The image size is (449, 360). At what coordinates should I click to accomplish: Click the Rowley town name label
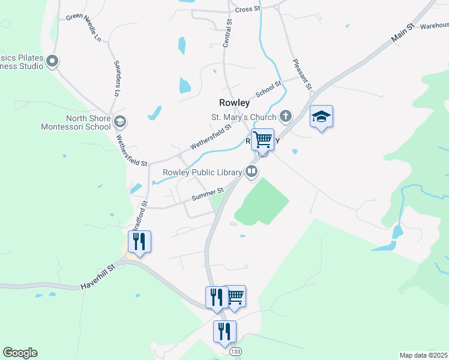(234, 103)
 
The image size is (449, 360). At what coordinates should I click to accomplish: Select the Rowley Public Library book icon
(252, 173)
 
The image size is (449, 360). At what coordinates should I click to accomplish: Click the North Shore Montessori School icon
(120, 122)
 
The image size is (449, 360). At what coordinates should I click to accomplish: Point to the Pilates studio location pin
(52, 61)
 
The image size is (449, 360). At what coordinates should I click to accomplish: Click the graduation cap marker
(321, 117)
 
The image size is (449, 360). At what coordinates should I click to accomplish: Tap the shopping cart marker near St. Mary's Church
(262, 140)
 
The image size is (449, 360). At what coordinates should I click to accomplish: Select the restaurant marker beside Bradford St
(139, 242)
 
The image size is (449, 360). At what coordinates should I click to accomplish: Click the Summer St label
(207, 195)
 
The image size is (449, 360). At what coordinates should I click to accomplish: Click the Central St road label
(227, 33)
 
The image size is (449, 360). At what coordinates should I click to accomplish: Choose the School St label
(268, 91)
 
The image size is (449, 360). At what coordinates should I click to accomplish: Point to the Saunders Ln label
(116, 78)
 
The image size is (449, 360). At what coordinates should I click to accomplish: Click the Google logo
(20, 353)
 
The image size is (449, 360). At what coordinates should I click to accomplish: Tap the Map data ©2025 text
(423, 355)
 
